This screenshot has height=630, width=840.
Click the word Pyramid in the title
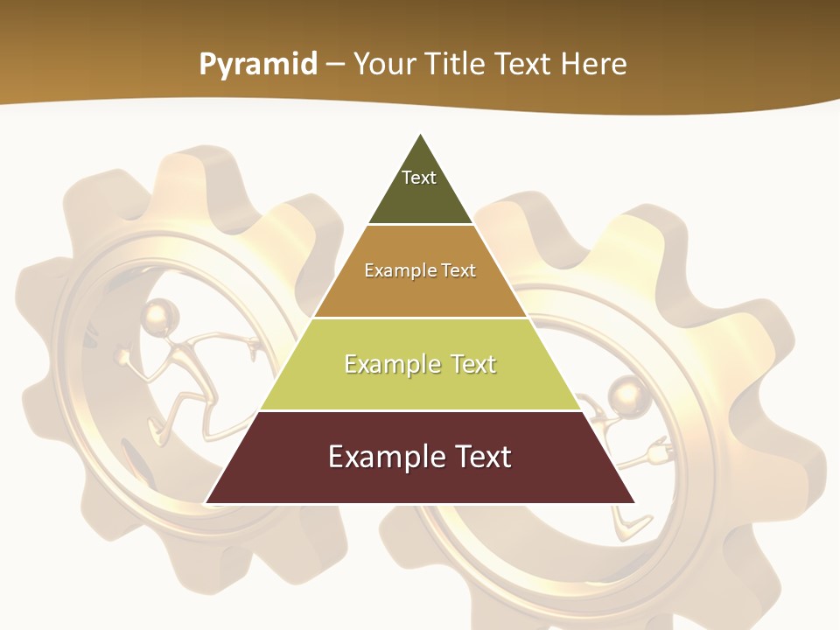pyautogui.click(x=258, y=65)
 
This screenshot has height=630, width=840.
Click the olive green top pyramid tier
pyautogui.click(x=420, y=197)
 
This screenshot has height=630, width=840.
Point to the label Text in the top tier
pyautogui.click(x=419, y=178)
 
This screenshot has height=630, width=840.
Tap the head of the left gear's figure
pyautogui.click(x=161, y=314)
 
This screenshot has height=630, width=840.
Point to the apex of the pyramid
pyautogui.click(x=421, y=135)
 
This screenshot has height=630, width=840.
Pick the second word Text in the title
pyautogui.click(x=523, y=65)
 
